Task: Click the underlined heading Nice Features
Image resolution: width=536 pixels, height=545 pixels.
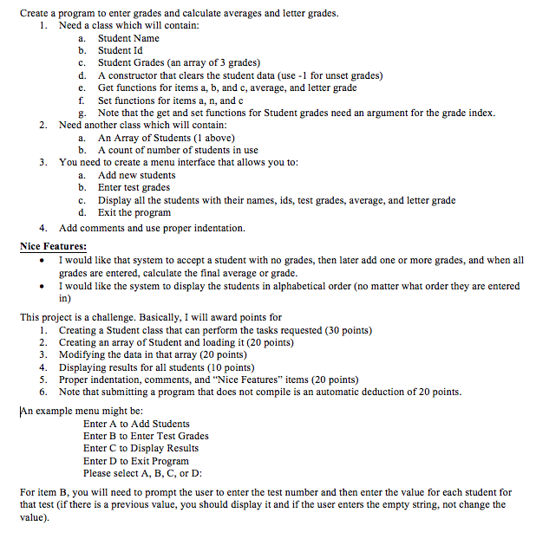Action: coord(53,247)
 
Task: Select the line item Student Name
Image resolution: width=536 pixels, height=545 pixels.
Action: coord(128,38)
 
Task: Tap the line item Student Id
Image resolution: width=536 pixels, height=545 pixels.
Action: coord(123,50)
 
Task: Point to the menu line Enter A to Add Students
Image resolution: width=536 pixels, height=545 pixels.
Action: coord(136,424)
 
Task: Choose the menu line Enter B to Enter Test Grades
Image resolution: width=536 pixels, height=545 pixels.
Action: coord(146,436)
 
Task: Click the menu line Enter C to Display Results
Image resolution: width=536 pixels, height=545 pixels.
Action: coord(141,448)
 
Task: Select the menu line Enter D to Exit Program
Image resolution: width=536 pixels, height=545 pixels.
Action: coord(135,461)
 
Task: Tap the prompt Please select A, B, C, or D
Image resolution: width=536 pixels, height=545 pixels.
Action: coord(142,473)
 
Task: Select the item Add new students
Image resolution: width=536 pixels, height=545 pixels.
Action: coord(136,175)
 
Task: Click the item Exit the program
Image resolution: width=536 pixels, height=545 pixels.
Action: coord(134,212)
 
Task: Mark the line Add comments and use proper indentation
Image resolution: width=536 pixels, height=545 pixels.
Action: coord(152,228)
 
